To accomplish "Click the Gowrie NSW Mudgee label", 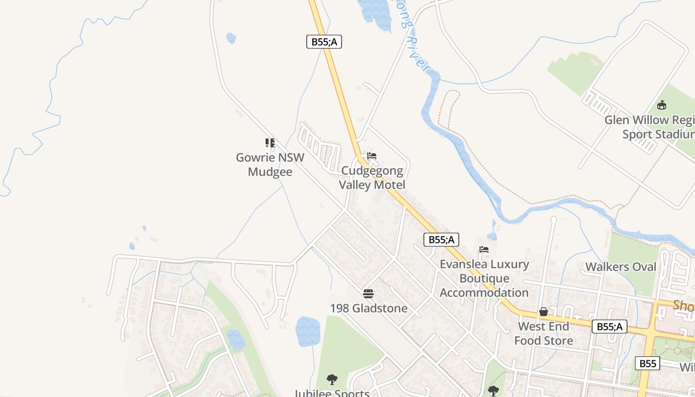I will [x=270, y=165].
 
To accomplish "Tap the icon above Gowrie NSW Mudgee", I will [x=270, y=143].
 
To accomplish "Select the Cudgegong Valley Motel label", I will [x=372, y=178].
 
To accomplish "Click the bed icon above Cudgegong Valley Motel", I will [x=372, y=156].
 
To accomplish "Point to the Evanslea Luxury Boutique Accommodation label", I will [x=484, y=278].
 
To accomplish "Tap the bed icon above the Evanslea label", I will [x=484, y=249].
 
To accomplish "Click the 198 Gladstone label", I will [x=368, y=308].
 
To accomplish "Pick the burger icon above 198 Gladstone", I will [x=368, y=293].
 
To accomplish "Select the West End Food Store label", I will [x=544, y=333].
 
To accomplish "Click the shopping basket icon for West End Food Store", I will [x=544, y=312].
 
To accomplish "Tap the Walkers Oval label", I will [x=621, y=266].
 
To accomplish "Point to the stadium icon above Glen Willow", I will [x=661, y=105].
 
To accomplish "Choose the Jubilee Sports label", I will [x=332, y=394].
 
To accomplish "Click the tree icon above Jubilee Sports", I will [x=332, y=380].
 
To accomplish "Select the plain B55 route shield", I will [x=648, y=363].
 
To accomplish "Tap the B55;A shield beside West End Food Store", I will [x=609, y=327].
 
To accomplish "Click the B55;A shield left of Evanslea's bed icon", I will [x=441, y=240].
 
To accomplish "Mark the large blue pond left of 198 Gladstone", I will [x=308, y=331].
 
